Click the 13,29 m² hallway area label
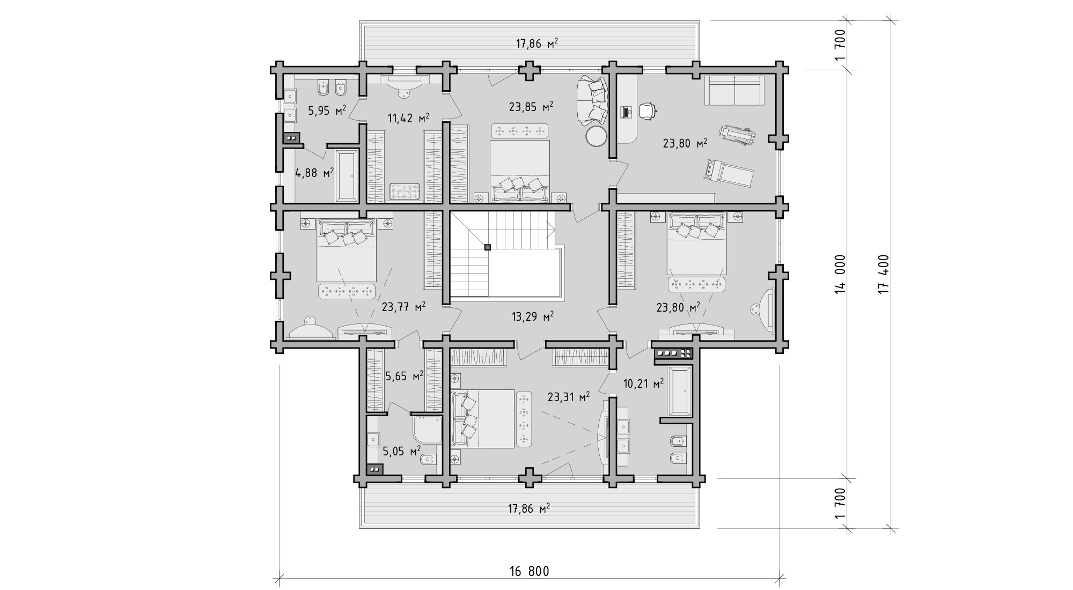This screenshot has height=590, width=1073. coord(532,316)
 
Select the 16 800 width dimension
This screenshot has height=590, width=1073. coord(528,571)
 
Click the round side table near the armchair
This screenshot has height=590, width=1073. coord(596,136)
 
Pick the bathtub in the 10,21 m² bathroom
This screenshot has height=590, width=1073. coord(680,391)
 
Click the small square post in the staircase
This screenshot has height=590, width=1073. coord(487,247)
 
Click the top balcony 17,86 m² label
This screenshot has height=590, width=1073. coord(537,44)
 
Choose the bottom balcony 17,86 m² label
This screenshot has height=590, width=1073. coord(529,508)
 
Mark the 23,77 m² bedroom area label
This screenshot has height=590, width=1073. coord(404,307)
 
